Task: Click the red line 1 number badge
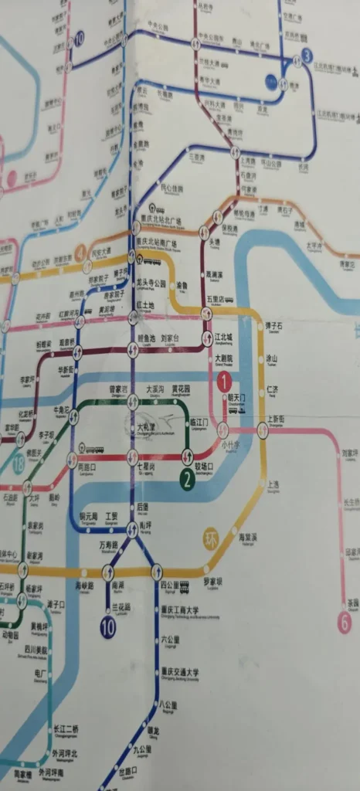224,380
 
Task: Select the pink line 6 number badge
345,622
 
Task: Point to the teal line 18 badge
19,464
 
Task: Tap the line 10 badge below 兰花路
107,627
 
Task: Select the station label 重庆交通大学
179,672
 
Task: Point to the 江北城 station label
225,337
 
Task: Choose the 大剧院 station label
223,358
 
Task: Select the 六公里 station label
170,640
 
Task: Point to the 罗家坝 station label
212,581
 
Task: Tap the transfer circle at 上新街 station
263,430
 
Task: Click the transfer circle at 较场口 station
186,455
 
